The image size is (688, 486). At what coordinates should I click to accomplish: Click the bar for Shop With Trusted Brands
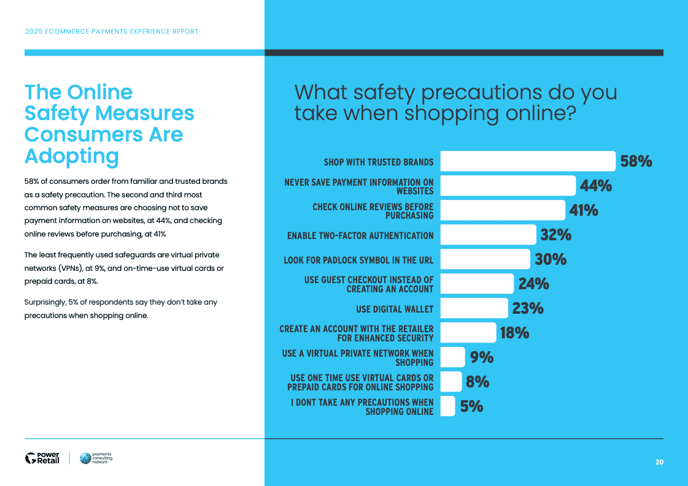[x=528, y=161]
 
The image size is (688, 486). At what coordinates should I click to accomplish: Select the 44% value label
[x=595, y=186]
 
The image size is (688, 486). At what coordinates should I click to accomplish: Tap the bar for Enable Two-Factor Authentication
[x=488, y=235]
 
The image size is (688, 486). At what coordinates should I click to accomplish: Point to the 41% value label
[x=583, y=210]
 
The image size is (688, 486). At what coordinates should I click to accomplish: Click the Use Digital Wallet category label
[x=395, y=309]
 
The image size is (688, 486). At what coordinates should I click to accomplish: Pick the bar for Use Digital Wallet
[x=474, y=308]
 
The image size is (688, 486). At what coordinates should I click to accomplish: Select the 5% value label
[x=471, y=406]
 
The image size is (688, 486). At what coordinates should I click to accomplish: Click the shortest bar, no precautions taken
[x=448, y=406]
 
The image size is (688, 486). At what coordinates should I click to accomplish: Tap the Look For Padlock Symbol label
[x=358, y=260]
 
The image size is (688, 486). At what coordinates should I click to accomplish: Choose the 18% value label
[x=514, y=333]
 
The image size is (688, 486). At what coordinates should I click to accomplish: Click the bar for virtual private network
[x=453, y=357]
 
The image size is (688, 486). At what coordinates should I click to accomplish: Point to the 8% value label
[x=477, y=382]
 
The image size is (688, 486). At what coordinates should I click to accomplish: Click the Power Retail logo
[x=42, y=458]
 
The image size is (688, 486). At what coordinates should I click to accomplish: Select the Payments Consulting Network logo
[x=96, y=458]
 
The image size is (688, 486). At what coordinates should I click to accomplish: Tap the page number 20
[x=659, y=462]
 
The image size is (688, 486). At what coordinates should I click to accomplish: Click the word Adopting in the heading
[x=71, y=156]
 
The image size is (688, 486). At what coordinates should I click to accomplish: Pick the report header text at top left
[x=111, y=31]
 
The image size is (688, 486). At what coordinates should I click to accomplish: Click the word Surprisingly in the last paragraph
[x=45, y=302]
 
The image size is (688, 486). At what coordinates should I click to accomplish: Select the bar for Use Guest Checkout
[x=477, y=284]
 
